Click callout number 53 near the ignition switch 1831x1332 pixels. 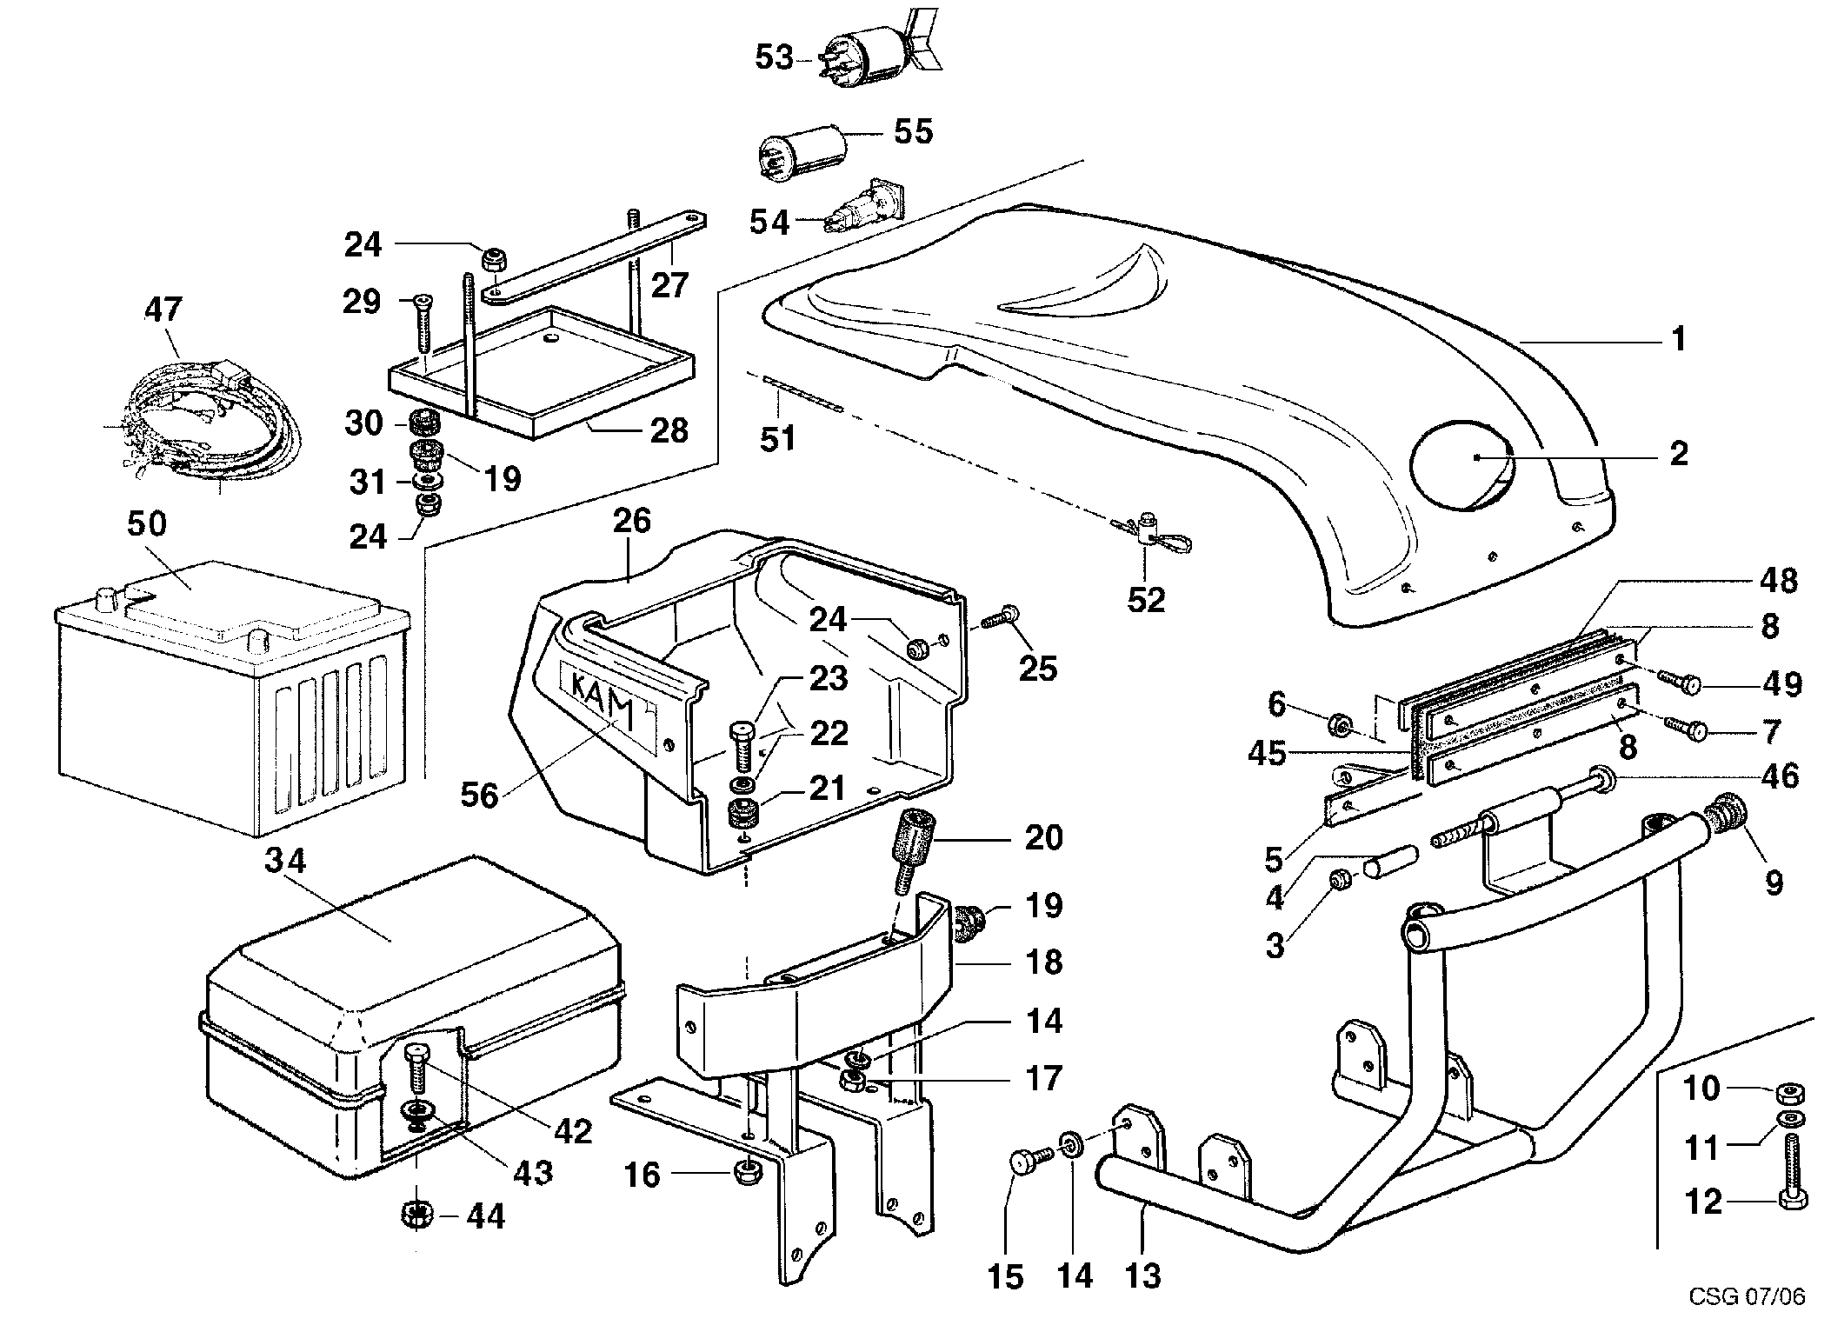(x=773, y=58)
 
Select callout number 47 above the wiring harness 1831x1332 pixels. (x=163, y=309)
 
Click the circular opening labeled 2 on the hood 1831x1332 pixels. (x=1462, y=459)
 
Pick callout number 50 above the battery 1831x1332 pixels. (x=146, y=524)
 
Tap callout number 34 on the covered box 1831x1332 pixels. (x=285, y=861)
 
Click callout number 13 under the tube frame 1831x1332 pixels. (x=1142, y=1275)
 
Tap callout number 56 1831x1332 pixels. (x=479, y=794)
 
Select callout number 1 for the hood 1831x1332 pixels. (x=1679, y=338)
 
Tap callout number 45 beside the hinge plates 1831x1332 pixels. (x=1266, y=753)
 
